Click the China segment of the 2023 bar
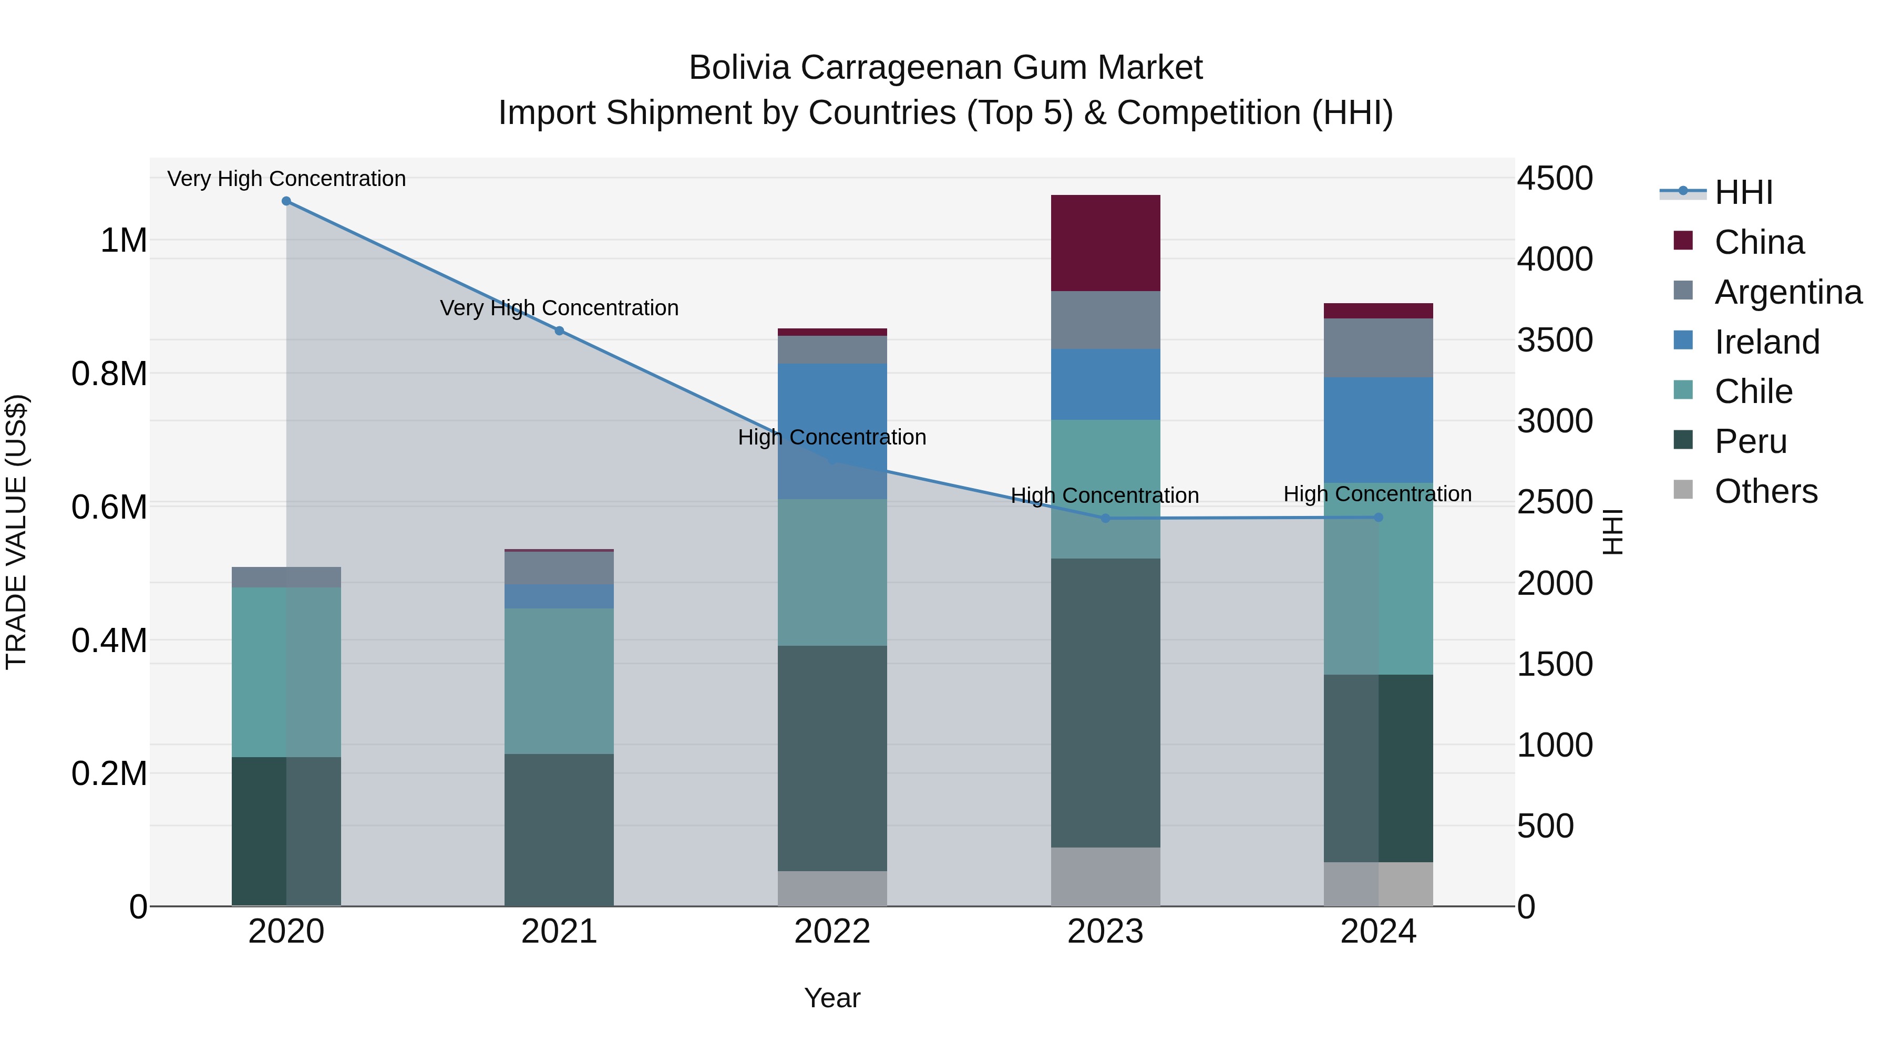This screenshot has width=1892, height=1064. (1105, 243)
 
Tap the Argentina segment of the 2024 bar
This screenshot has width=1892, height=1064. (1378, 348)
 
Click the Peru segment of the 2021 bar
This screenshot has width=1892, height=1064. (559, 830)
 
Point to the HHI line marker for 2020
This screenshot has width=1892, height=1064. (286, 201)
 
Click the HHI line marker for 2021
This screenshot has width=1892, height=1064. (559, 331)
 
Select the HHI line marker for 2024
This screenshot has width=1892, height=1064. (1378, 518)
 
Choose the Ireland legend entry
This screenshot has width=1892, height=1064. (1766, 342)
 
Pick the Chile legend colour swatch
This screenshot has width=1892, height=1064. (1683, 390)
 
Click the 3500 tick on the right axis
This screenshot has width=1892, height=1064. (1555, 340)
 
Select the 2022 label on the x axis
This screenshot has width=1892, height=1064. (831, 932)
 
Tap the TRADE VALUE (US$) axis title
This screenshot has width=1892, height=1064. (17, 532)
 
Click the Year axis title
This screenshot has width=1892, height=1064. (831, 998)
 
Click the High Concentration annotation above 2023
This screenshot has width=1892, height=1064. (1105, 495)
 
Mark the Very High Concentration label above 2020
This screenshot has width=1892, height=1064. (286, 179)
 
